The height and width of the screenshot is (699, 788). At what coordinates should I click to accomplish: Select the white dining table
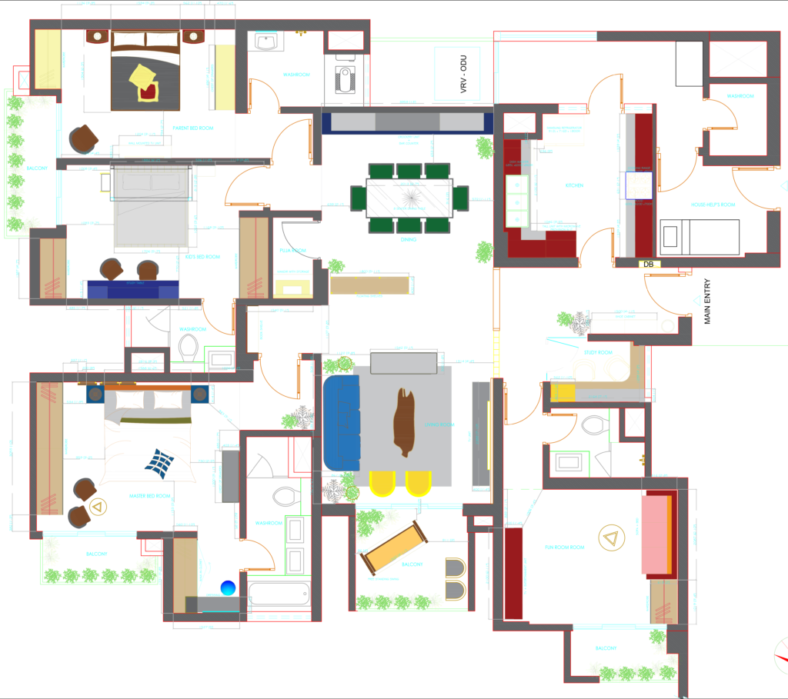coord(408,198)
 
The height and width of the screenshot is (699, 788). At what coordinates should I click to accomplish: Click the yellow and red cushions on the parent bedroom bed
coord(144,82)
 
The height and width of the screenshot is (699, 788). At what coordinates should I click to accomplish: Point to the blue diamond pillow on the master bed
coord(159,462)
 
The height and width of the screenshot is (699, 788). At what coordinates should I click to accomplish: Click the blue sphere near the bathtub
coord(228,588)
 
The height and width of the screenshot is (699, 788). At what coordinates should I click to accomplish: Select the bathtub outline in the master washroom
coord(279,594)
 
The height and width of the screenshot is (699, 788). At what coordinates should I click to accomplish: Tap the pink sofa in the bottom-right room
coord(656,535)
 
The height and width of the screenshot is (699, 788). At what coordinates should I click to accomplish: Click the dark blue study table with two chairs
coord(132,291)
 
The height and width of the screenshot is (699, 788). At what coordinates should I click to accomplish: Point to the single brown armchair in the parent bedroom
coord(83,139)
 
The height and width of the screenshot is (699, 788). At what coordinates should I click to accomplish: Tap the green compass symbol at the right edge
coord(781,655)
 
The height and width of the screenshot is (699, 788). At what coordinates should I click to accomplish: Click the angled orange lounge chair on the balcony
coord(395,547)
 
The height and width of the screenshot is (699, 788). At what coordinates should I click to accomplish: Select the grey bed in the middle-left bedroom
coord(151,208)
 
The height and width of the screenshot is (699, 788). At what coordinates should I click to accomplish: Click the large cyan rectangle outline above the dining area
coord(457,73)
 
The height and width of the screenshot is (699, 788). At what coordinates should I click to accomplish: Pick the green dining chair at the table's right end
coord(461,198)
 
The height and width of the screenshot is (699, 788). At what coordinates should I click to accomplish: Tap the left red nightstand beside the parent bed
coord(97,36)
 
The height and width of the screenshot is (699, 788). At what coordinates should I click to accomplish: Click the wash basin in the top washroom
coord(266,42)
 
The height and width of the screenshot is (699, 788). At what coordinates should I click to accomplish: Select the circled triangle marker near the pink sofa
coord(612,538)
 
